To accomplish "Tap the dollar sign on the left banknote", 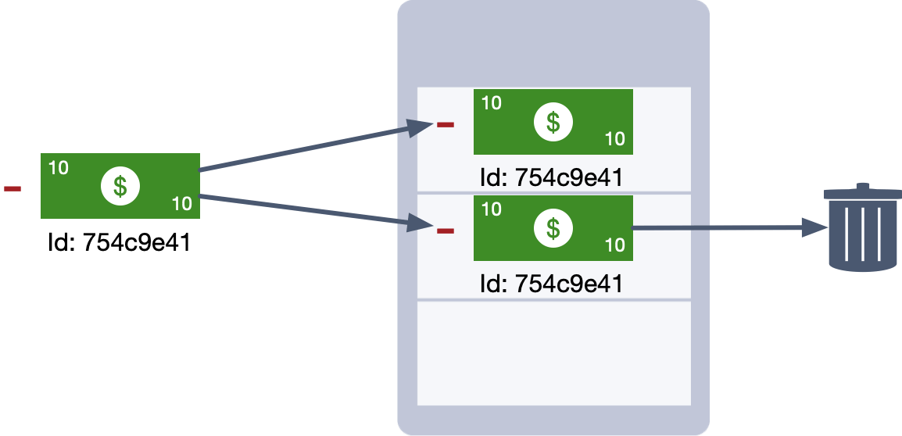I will [x=120, y=186].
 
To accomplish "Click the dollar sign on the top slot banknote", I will [x=553, y=122].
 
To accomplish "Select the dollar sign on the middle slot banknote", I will [x=553, y=228].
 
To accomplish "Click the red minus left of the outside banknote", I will [x=13, y=189].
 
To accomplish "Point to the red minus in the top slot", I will [x=446, y=125].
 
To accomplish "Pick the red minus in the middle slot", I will [x=446, y=231].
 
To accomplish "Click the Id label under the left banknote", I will [x=119, y=243].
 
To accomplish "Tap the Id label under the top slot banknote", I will [x=552, y=178].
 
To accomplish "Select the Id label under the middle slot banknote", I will [x=552, y=284].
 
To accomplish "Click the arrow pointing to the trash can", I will [x=727, y=228].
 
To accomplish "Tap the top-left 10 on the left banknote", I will [x=58, y=167].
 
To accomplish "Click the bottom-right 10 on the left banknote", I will [x=181, y=205].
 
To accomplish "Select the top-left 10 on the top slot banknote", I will [x=491, y=102].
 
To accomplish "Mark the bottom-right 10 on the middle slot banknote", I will [x=614, y=245].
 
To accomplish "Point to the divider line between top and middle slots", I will [x=553, y=192].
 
